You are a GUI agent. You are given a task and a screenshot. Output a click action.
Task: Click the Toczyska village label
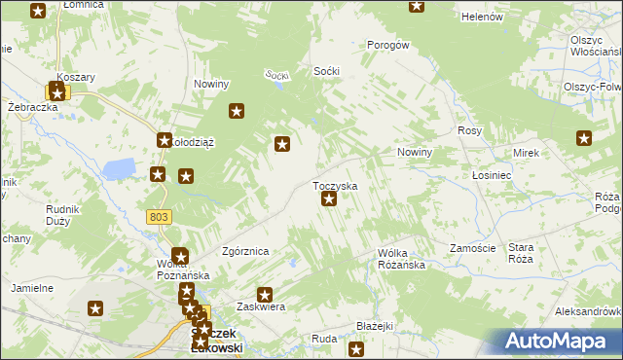334,185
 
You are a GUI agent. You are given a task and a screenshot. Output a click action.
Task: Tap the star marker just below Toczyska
329,199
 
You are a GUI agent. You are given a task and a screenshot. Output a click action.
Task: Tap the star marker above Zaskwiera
264,294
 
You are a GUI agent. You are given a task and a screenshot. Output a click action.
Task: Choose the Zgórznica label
245,251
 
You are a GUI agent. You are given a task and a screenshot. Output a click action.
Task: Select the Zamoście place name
473,248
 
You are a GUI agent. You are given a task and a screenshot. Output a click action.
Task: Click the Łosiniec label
492,176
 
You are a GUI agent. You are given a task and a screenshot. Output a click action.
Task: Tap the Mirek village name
526,154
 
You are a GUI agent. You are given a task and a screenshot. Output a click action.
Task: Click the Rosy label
470,130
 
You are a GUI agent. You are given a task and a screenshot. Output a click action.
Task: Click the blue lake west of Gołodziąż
119,169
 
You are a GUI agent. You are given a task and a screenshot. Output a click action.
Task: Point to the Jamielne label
31,289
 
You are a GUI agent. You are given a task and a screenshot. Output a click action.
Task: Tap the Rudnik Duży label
62,214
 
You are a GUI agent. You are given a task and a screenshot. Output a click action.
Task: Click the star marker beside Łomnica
38,12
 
